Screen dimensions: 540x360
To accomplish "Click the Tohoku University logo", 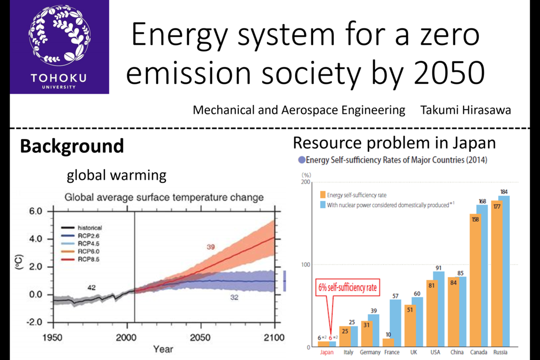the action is (59, 47).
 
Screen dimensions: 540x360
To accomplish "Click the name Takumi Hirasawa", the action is (465, 110).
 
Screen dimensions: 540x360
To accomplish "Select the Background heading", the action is (72, 146).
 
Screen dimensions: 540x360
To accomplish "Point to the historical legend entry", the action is (81, 228).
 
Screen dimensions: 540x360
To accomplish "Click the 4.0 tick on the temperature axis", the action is (36, 239).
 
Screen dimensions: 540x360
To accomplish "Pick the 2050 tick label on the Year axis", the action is (200, 337).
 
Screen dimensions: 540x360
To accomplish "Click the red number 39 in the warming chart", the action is (211, 247).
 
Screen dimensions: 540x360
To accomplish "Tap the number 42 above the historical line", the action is (91, 287).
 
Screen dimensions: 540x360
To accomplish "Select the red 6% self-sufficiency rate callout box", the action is (348, 287).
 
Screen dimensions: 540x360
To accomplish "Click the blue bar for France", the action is (396, 323).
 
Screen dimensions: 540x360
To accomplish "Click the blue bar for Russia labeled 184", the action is (504, 271).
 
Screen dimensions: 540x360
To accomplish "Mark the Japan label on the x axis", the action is (326, 352).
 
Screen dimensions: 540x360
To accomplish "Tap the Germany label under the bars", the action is (370, 352).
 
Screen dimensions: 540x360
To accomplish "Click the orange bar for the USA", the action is (432, 313).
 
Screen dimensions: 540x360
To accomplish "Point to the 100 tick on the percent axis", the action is (305, 264).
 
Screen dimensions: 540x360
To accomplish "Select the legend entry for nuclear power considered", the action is (387, 205).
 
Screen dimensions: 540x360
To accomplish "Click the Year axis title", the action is (163, 349).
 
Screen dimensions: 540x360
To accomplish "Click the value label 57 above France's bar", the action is (396, 296).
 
